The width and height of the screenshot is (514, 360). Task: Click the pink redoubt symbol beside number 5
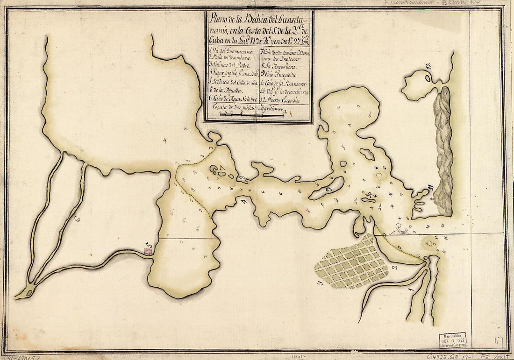click(148, 252)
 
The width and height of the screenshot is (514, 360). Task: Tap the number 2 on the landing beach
click(394, 267)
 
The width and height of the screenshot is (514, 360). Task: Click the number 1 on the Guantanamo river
click(411, 290)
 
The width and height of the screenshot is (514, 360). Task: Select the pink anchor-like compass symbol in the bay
click(400, 229)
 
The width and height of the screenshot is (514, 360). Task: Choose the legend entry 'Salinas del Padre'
click(230, 65)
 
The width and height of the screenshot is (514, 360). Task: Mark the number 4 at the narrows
click(243, 201)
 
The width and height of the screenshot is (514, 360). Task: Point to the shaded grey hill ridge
click(443, 149)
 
